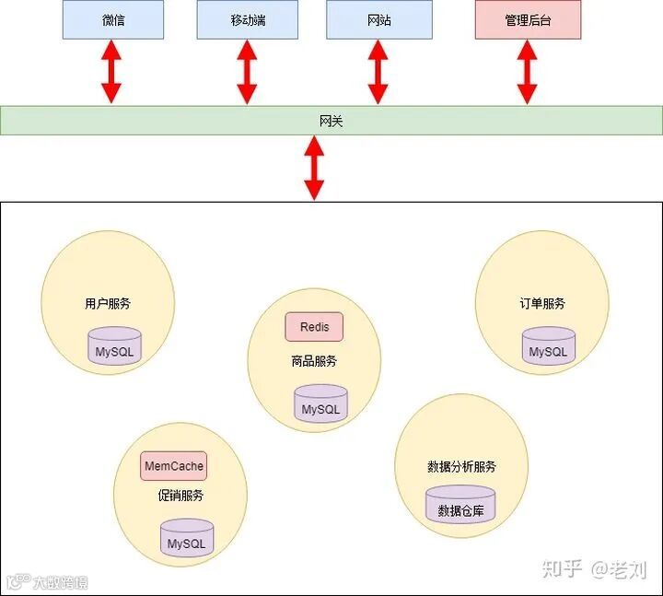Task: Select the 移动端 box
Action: coord(246,19)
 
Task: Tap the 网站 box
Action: coord(378,19)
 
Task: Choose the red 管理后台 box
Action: coord(528,19)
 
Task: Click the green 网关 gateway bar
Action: coord(331,121)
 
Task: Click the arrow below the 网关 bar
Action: coord(314,167)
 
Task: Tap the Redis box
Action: coord(314,327)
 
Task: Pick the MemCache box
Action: coord(174,466)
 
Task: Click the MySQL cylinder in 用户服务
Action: coord(115,346)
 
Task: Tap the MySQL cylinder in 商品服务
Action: coord(320,404)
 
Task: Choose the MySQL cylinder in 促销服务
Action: coord(186,539)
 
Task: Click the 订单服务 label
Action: coord(541,303)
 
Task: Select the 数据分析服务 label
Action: coord(461,466)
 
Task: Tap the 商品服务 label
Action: coord(314,361)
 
